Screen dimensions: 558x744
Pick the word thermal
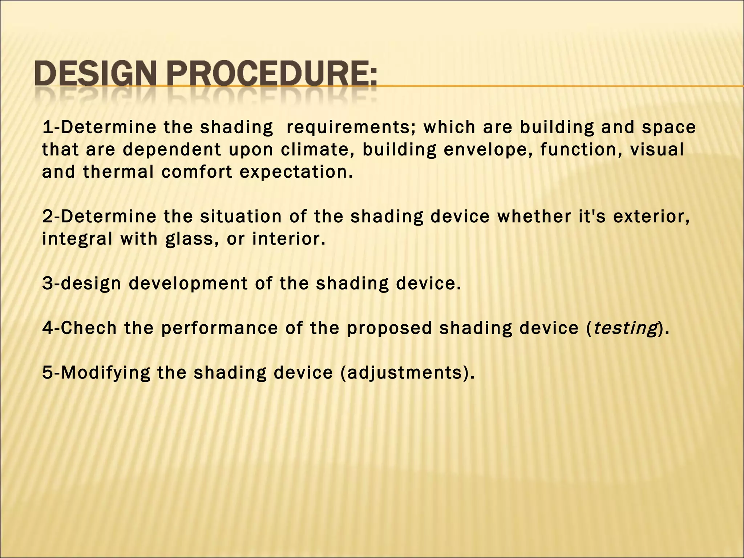[x=119, y=171]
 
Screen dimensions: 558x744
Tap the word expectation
[x=296, y=172]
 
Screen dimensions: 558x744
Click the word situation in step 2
[x=241, y=217]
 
